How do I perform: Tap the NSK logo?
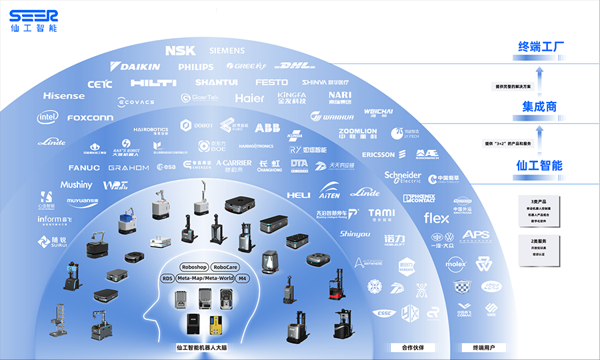tap(180, 51)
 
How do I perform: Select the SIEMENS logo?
tap(231, 51)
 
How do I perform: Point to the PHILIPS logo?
tap(196, 67)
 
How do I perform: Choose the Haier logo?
tap(250, 98)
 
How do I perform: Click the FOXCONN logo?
tap(90, 118)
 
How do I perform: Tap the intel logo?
tap(47, 117)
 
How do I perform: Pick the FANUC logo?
tap(84, 167)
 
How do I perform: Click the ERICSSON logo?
tap(379, 155)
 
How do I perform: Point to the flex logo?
tap(437, 218)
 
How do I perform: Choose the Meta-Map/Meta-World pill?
tap(205, 278)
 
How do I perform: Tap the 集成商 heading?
tap(539, 107)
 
